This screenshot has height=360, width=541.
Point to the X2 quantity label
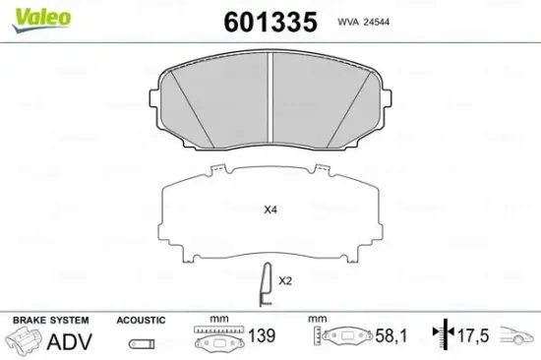point(285,280)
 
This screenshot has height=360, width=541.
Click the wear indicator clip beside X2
point(262,285)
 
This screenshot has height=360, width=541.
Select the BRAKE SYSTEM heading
point(49,321)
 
